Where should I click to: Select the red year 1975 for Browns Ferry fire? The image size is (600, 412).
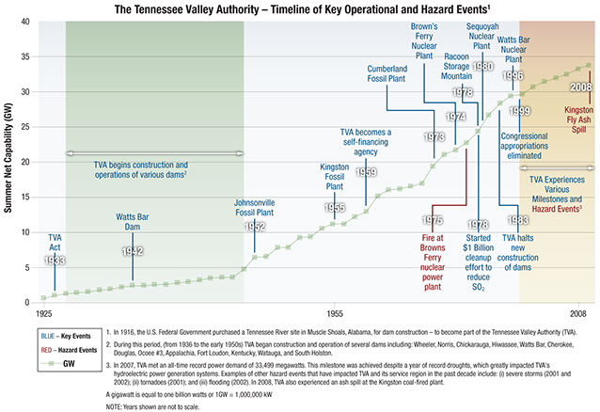tap(433, 220)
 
